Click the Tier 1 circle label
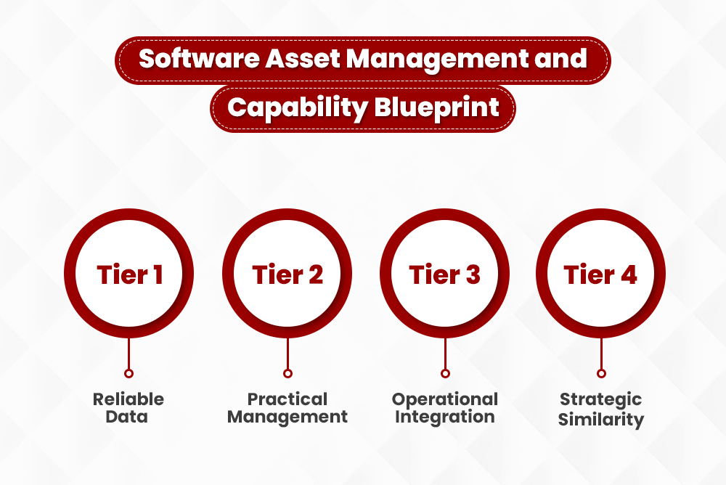click(x=129, y=275)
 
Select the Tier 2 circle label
click(x=287, y=275)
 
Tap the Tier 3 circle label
click(x=444, y=275)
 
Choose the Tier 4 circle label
click(x=600, y=275)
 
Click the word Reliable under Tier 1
click(x=129, y=399)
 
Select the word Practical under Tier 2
click(x=287, y=399)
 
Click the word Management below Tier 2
click(x=287, y=417)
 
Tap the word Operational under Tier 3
click(x=445, y=399)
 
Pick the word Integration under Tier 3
click(x=445, y=417)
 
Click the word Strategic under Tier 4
click(x=600, y=399)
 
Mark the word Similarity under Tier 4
click(x=600, y=418)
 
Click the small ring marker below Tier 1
click(x=129, y=373)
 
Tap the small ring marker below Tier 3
click(x=445, y=373)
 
